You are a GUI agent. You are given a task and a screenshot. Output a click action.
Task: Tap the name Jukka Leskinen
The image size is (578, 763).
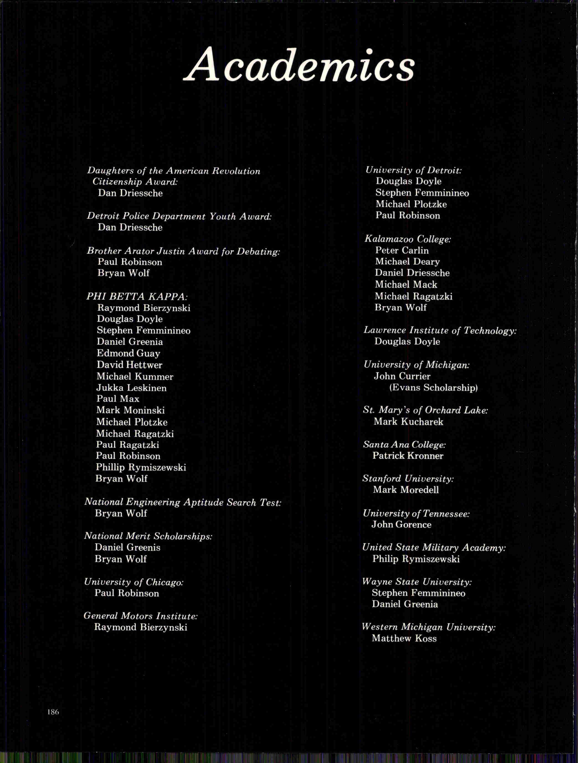[131, 388]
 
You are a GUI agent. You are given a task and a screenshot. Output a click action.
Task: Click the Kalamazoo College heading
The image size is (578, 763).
[408, 239]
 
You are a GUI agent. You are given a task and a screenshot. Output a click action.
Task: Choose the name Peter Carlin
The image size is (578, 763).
[402, 250]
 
